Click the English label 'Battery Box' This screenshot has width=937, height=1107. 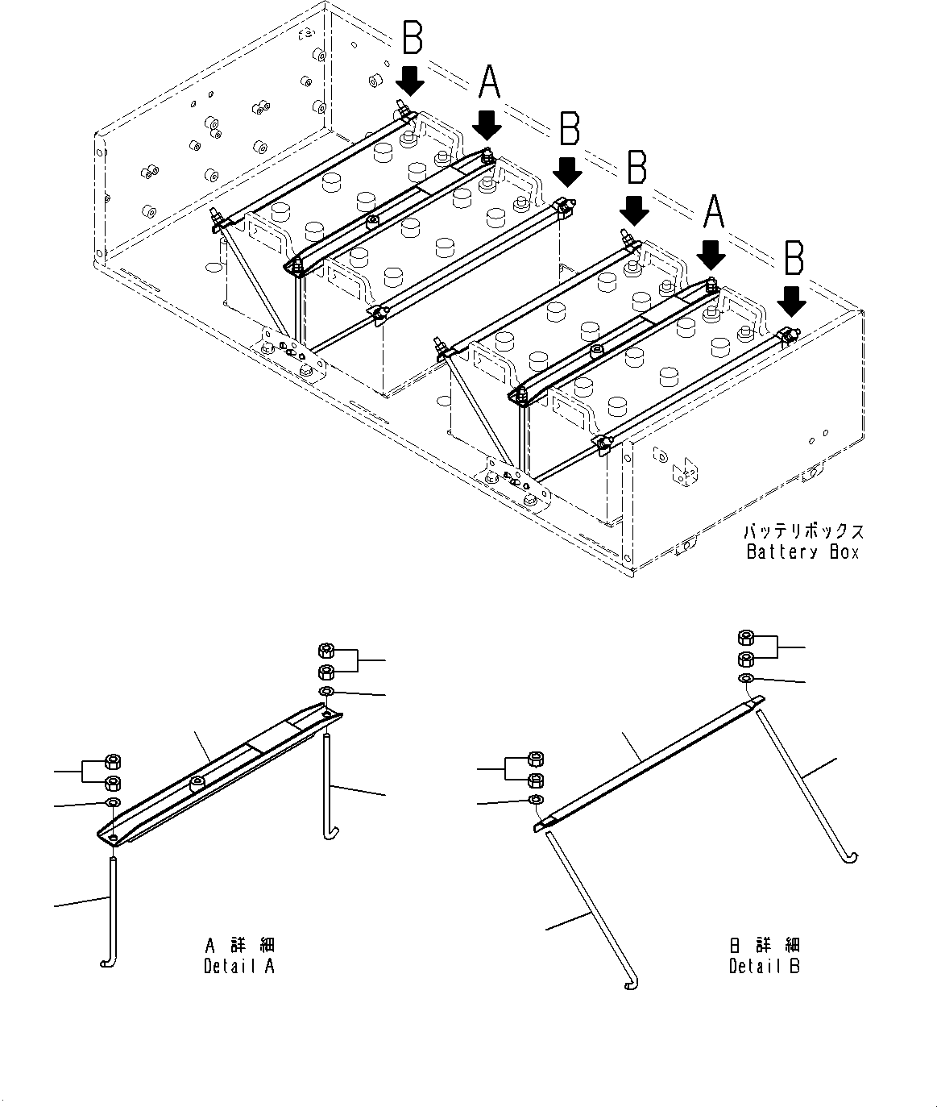(x=802, y=552)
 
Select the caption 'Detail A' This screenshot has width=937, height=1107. (x=239, y=965)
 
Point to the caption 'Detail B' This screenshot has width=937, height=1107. (x=765, y=965)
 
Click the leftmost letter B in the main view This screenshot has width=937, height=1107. (x=412, y=38)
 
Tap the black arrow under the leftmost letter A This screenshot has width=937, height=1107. (x=487, y=126)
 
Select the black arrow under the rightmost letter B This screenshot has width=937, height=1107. (x=793, y=301)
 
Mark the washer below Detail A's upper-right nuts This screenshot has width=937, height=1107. (x=327, y=693)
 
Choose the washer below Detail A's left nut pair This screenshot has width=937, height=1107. (x=114, y=803)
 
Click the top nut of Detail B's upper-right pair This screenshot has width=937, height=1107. (x=747, y=638)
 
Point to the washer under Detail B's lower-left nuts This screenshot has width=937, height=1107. (x=535, y=799)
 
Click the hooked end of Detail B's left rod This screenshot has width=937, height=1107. (x=631, y=985)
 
